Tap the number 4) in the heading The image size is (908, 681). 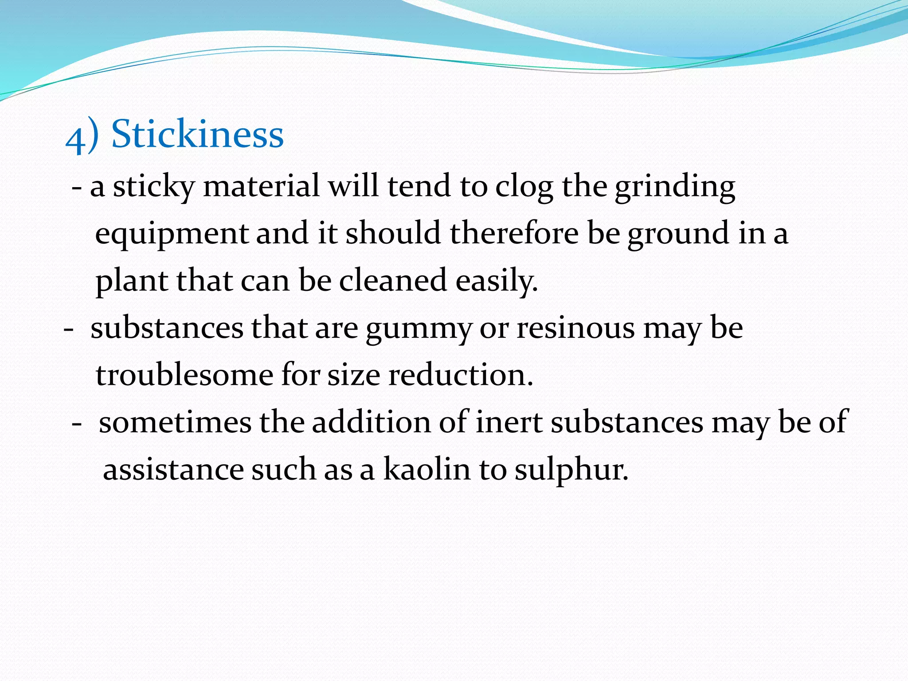tap(82, 137)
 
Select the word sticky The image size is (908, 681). tap(153, 186)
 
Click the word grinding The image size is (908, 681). tap(675, 187)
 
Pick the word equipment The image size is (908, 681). tap(172, 234)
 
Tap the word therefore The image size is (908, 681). tap(514, 233)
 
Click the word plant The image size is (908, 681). tap(132, 282)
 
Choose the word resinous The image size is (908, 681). tap(576, 329)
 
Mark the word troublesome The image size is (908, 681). tap(184, 375)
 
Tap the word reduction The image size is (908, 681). tap(461, 375)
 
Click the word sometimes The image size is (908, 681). tap(175, 422)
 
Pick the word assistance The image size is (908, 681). tap(173, 470)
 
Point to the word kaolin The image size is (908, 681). tap(427, 469)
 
